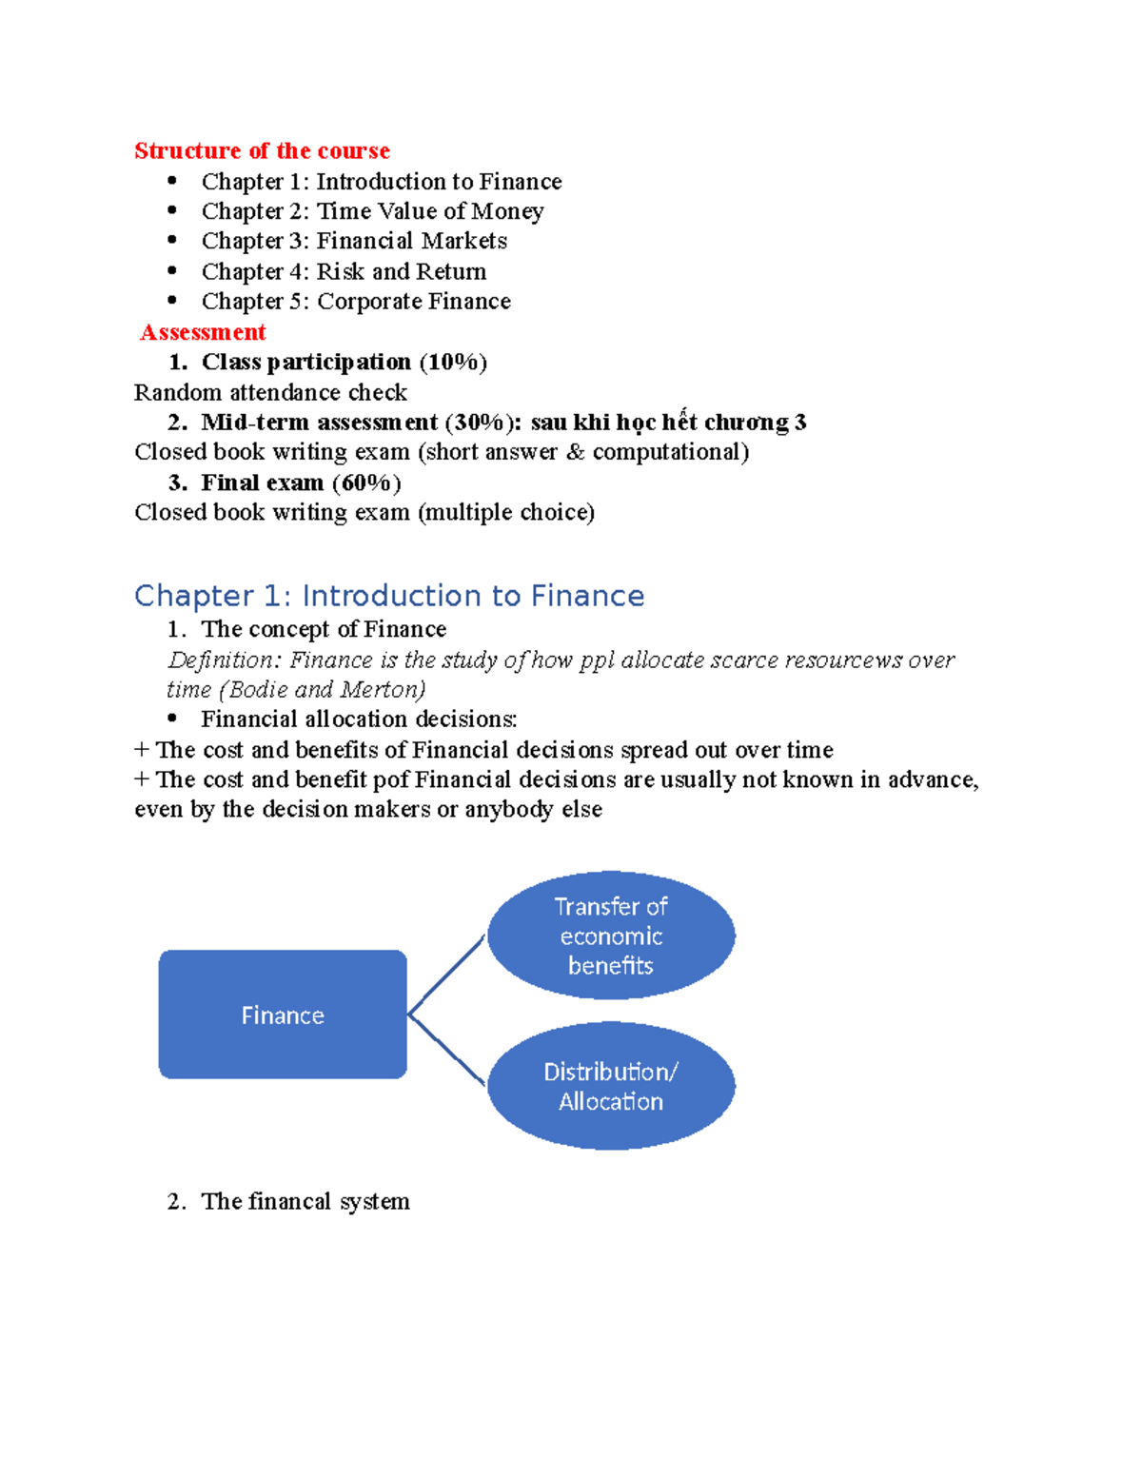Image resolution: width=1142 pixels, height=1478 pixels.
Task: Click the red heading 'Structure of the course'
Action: click(x=262, y=150)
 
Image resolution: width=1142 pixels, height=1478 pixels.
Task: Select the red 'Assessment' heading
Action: click(x=203, y=332)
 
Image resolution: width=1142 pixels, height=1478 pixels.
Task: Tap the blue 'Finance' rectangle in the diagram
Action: click(x=283, y=1015)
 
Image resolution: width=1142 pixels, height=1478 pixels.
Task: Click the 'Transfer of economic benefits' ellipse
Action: click(x=611, y=936)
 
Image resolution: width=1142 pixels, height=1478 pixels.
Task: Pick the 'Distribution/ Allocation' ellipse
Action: click(x=611, y=1086)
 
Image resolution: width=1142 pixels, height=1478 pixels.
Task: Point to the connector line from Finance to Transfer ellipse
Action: click(x=447, y=975)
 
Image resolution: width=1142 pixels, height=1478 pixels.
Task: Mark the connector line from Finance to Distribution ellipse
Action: click(x=447, y=1050)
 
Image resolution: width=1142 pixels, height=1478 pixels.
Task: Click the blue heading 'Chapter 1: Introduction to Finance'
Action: click(x=389, y=596)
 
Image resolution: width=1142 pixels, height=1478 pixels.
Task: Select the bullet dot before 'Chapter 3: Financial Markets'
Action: click(x=172, y=240)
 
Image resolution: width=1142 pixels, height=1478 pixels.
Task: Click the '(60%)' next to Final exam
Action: click(x=366, y=483)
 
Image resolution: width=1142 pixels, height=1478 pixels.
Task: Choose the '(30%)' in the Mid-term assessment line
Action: click(x=482, y=423)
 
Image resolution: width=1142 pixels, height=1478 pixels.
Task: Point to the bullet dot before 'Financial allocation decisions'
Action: click(x=172, y=719)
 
